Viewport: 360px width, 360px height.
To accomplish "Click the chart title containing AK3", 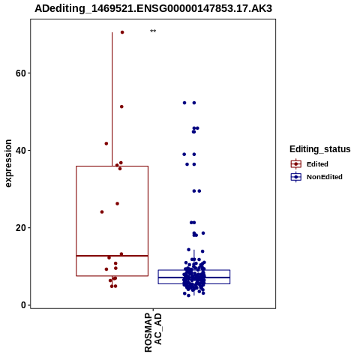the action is pyautogui.click(x=153, y=8).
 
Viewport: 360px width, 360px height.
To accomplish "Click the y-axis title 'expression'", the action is pyautogui.click(x=8, y=163).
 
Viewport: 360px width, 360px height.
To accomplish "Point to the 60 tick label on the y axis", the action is pyautogui.click(x=21, y=73).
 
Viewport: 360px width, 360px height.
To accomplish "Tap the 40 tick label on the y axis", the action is pyautogui.click(x=21, y=151).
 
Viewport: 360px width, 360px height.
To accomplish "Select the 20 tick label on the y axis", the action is pyautogui.click(x=21, y=228).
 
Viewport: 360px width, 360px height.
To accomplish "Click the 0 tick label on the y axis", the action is pyautogui.click(x=23, y=305).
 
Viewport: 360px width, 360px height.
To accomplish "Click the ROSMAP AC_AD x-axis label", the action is pyautogui.click(x=153, y=333).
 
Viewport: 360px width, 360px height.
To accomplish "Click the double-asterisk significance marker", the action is pyautogui.click(x=153, y=31).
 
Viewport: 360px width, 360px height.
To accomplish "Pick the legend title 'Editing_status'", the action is pyautogui.click(x=320, y=149).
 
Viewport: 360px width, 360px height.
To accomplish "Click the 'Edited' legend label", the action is pyautogui.click(x=317, y=164).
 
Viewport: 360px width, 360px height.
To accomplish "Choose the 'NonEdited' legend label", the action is pyautogui.click(x=325, y=177).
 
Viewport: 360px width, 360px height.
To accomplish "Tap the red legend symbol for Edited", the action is pyautogui.click(x=296, y=164).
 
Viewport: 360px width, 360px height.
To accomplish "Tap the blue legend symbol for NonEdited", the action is pyautogui.click(x=296, y=177).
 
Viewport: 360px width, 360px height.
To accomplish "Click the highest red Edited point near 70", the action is pyautogui.click(x=122, y=32).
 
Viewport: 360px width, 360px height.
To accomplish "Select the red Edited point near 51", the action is pyautogui.click(x=121, y=106).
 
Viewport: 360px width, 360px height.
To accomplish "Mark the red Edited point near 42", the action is pyautogui.click(x=106, y=143).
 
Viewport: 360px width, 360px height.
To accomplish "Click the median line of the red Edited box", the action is pyautogui.click(x=112, y=256).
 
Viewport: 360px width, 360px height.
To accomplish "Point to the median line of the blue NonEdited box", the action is pyautogui.click(x=194, y=277).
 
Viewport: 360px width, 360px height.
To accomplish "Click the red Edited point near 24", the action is pyautogui.click(x=102, y=212).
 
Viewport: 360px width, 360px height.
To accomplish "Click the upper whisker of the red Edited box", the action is pyautogui.click(x=112, y=99).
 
